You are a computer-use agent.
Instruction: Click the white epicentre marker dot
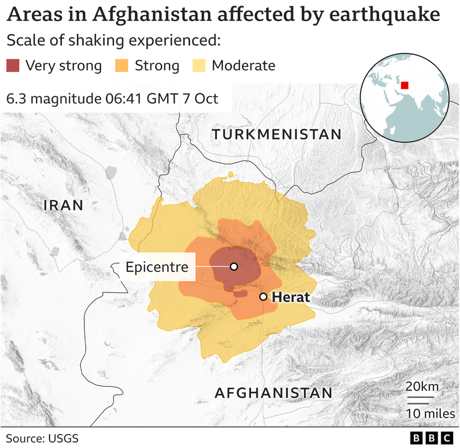tap(234, 266)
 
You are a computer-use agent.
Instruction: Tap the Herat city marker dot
tap(263, 297)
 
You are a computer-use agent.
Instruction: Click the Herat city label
tap(291, 297)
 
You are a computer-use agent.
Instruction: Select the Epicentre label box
tap(157, 267)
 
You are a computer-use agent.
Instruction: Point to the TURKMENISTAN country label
tap(277, 134)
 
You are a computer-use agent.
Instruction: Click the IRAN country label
tap(64, 205)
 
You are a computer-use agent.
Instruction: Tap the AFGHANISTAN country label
tap(273, 393)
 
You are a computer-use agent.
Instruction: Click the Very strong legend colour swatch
tap(13, 66)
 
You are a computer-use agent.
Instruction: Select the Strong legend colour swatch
tap(122, 66)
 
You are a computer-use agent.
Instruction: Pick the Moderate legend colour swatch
tap(199, 66)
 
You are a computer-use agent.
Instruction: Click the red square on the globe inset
tap(404, 85)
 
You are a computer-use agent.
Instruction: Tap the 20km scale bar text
tap(422, 387)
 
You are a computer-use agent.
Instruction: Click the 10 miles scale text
tap(424, 414)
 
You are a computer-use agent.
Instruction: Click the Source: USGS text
tap(42, 438)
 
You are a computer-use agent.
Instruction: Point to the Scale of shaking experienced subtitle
tap(113, 41)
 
